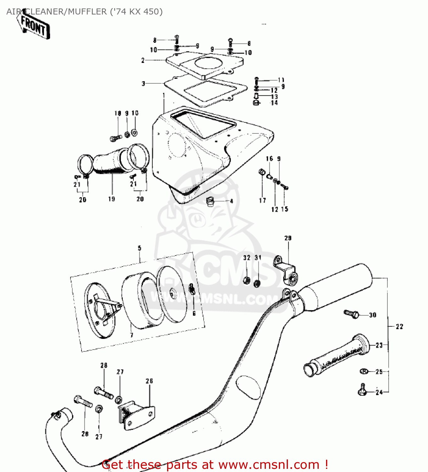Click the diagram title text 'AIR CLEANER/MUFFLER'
(x=57, y=12)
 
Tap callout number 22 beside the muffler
(x=399, y=327)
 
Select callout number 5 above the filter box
(x=139, y=248)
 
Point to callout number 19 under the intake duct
(x=111, y=199)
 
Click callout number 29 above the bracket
(x=288, y=238)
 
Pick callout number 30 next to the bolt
(x=372, y=315)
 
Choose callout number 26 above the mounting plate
(x=149, y=381)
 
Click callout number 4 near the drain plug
(x=231, y=201)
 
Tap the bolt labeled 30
(x=351, y=313)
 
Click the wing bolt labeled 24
(x=362, y=390)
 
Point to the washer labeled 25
(x=364, y=372)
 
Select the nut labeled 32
(x=247, y=280)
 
